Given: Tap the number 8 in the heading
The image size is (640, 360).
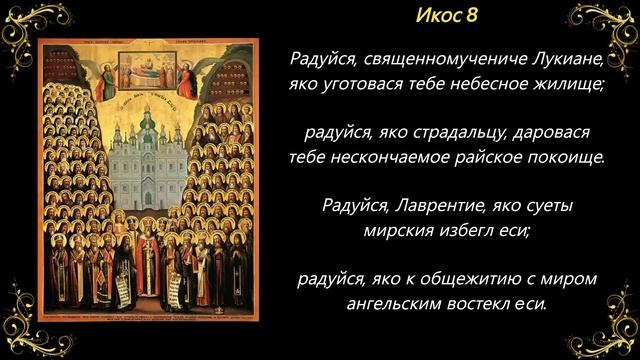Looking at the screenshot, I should coord(473,17).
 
